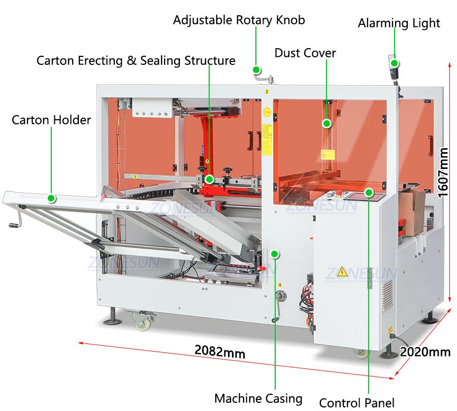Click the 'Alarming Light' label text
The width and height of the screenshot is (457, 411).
coord(399,23)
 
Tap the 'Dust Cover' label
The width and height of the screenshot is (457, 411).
coord(305,53)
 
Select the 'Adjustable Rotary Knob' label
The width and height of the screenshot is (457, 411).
coord(239,20)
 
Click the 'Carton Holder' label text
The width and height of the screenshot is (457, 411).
coord(51,120)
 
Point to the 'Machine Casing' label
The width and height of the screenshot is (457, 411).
coord(258,399)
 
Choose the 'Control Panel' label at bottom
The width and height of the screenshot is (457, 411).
coord(356,402)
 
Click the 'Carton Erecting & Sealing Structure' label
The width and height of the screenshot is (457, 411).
coord(136,61)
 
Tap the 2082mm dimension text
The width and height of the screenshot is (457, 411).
coord(219,351)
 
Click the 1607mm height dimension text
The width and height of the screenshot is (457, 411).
coord(443,173)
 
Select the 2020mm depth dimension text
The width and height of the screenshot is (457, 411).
coord(425,351)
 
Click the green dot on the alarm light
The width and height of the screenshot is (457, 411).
coord(395,64)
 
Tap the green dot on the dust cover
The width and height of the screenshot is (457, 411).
coord(327,123)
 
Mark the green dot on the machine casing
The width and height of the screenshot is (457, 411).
coord(275,253)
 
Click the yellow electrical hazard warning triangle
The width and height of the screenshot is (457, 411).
coord(343,270)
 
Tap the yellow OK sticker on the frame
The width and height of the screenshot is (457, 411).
coord(267,111)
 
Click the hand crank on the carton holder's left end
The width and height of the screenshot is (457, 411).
coord(13,222)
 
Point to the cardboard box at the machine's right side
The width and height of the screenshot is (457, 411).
coord(412,208)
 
